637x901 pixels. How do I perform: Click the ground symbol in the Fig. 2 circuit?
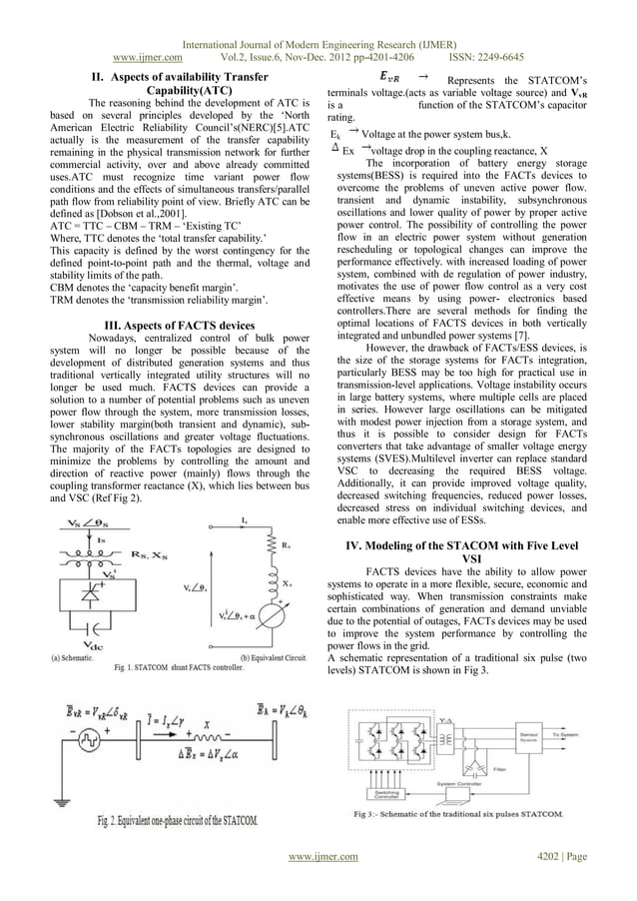65,800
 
